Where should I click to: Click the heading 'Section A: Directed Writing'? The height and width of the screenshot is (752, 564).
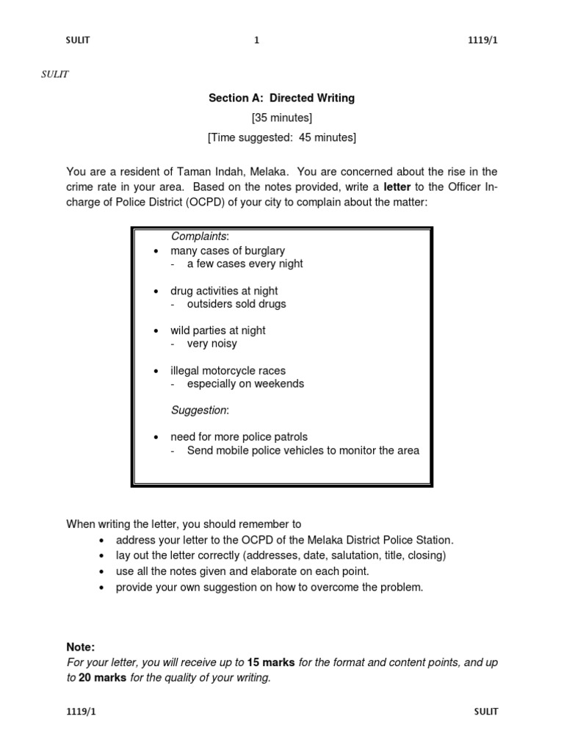click(282, 98)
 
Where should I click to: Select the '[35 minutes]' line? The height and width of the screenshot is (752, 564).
click(282, 117)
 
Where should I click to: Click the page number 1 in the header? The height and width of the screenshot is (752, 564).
click(256, 41)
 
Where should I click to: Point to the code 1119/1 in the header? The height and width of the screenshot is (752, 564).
click(482, 41)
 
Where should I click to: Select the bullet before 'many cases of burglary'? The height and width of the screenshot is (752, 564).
click(156, 251)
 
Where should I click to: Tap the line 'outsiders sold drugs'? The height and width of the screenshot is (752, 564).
click(236, 304)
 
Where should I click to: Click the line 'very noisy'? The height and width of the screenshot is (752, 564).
click(212, 343)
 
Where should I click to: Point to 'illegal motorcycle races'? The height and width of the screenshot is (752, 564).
click(228, 371)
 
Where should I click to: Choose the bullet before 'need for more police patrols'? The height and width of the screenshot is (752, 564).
click(156, 438)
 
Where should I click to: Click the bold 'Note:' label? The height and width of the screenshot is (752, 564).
click(81, 647)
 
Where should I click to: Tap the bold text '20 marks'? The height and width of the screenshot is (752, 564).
click(103, 678)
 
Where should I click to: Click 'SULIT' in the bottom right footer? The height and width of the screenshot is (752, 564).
click(486, 712)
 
